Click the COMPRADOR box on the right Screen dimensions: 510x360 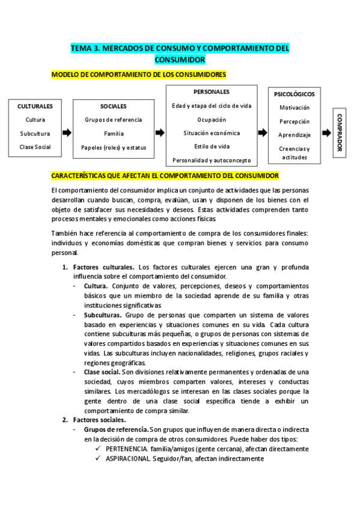pos(340,133)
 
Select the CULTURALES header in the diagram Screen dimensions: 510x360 pos(35,106)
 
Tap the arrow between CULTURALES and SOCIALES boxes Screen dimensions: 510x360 pos(67,133)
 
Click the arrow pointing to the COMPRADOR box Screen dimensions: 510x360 pos(326,133)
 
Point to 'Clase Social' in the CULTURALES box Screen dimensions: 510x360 pos(35,147)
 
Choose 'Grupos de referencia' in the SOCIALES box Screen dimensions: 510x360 pos(114,120)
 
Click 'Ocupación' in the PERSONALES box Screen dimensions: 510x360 pos(212,120)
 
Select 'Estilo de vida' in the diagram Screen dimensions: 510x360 pos(212,146)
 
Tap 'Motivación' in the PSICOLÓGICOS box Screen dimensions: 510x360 pos(294,107)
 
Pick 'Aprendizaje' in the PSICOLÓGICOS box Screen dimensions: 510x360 pos(294,135)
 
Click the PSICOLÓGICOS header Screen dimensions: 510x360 pos(294,94)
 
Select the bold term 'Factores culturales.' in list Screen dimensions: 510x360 pos(103,266)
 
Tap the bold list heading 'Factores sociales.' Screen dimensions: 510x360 pos(99,420)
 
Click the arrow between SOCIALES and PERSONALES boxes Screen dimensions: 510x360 pos(160,133)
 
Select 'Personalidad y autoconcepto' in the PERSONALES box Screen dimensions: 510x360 pos(212,160)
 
